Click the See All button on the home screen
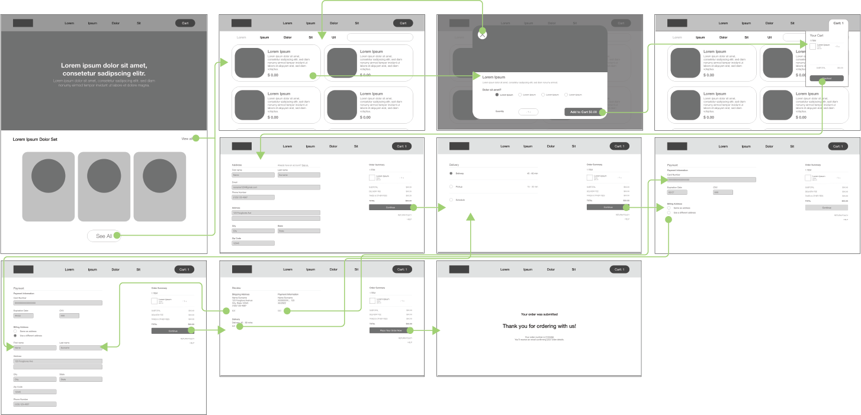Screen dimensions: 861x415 [x=104, y=236]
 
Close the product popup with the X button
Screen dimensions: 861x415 [x=483, y=34]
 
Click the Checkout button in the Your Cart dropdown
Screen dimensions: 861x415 [x=826, y=78]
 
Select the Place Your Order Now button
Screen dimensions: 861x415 [x=390, y=330]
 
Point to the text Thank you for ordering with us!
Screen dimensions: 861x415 [x=539, y=326]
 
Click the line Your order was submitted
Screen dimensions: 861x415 [x=539, y=314]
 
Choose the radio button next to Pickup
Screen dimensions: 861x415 [x=451, y=186]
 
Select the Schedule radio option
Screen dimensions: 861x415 [x=451, y=200]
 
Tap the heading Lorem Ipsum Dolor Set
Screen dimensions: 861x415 [x=39, y=139]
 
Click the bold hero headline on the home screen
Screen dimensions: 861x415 [x=104, y=69]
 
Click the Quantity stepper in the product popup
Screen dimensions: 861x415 [x=528, y=111]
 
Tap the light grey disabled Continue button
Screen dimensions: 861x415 [x=826, y=208]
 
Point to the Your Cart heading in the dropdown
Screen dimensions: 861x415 [x=817, y=36]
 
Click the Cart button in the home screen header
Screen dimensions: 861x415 [x=185, y=23]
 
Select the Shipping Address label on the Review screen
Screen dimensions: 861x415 [x=240, y=294]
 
